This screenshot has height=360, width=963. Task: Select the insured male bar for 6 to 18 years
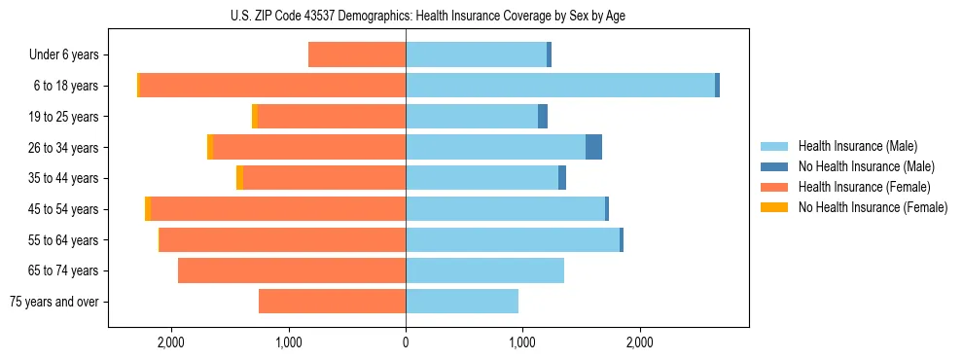click(560, 86)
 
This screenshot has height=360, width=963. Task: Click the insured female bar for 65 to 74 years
click(292, 270)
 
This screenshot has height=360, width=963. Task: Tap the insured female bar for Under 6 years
click(357, 55)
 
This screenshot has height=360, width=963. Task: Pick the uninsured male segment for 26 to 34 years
click(593, 147)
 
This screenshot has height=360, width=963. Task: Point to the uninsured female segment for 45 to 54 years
click(148, 209)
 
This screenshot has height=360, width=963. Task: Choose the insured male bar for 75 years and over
click(462, 302)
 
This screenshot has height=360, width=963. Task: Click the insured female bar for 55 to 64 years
click(282, 240)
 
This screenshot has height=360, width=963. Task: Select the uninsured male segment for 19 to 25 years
click(543, 117)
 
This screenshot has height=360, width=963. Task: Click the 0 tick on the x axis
click(406, 342)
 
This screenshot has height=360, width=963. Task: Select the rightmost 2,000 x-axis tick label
click(639, 342)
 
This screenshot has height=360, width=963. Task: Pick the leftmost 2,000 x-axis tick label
click(171, 342)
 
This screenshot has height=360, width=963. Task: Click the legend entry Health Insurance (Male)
click(857, 146)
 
